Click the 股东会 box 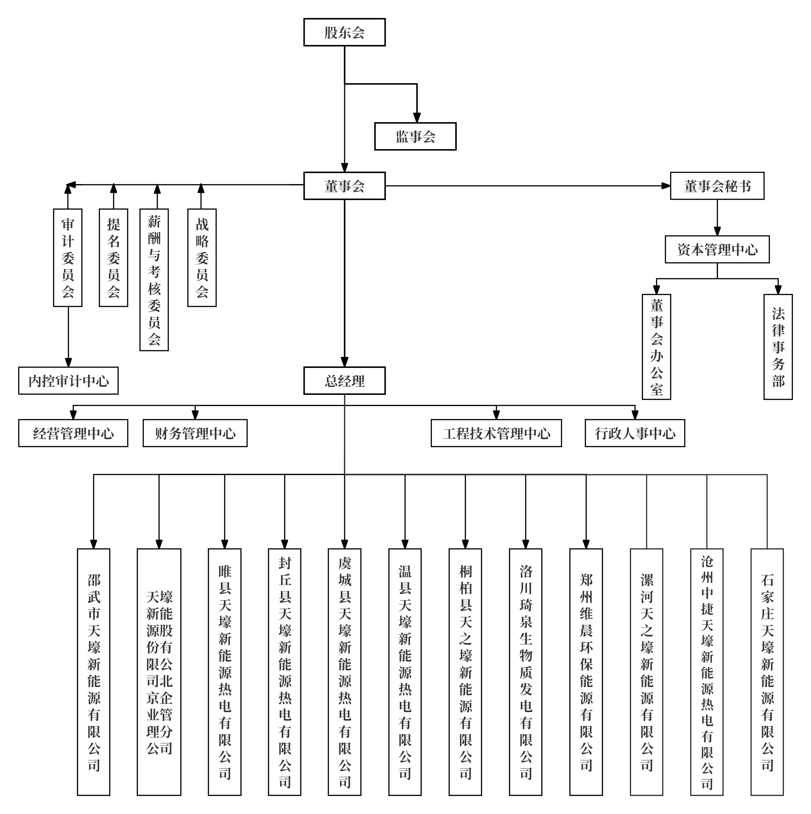[344, 32]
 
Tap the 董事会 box [344, 186]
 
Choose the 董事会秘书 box [717, 186]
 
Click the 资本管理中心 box [717, 250]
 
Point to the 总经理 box [344, 381]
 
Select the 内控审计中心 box [68, 381]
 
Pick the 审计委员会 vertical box [67, 258]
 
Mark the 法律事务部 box [778, 347]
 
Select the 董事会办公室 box [656, 347]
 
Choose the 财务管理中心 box [195, 433]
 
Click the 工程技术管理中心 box [496, 433]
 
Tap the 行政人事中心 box [635, 433]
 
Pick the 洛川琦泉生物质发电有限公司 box [525, 672]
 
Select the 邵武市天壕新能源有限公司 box [94, 672]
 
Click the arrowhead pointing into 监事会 [417, 118]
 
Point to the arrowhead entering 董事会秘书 [666, 186]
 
